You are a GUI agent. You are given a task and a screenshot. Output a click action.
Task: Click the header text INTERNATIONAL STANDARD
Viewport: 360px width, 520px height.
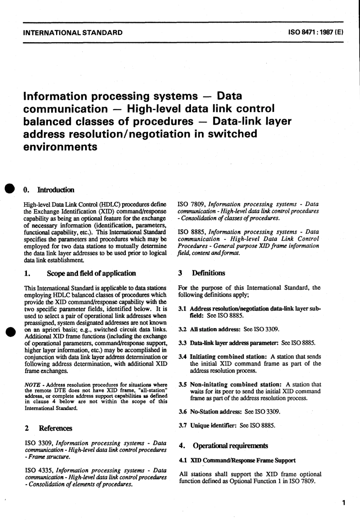73,33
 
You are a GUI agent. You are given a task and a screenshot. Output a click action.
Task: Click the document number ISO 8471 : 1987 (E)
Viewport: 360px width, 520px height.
316,33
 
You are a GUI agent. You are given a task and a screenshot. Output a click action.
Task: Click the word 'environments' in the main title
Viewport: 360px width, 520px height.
60,146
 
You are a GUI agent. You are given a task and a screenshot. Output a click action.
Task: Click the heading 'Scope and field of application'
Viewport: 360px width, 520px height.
91,273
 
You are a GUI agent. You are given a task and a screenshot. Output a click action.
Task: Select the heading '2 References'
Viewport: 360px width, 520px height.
48,428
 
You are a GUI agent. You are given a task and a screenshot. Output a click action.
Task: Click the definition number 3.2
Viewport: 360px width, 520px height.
182,329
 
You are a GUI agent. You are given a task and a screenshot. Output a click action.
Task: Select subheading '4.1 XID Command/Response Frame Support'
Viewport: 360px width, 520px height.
237,460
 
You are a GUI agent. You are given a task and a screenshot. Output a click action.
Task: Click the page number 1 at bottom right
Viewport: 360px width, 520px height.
343,503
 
